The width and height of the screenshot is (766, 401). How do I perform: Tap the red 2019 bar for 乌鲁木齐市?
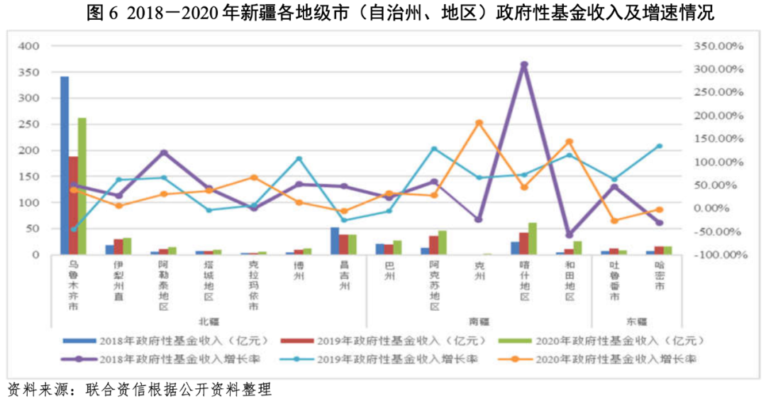pyautogui.click(x=73, y=205)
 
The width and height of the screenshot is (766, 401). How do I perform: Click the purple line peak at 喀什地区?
pyautogui.click(x=524, y=65)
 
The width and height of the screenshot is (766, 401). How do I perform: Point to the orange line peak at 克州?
pyautogui.click(x=479, y=123)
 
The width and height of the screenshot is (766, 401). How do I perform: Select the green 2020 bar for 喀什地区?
pyautogui.click(x=533, y=238)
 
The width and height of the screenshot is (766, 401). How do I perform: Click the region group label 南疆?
pyautogui.click(x=479, y=320)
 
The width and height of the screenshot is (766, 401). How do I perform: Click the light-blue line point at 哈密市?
pyautogui.click(x=660, y=146)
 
